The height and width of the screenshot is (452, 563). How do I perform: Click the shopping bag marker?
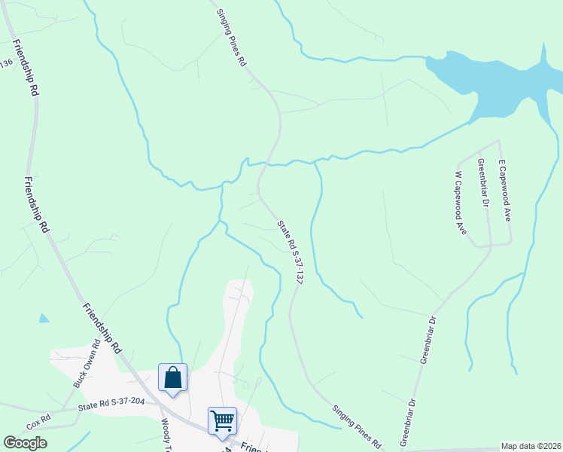tap(172, 377)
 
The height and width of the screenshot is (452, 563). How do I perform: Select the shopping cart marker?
tap(223, 420)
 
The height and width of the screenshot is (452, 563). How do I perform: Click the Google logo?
tap(26, 443)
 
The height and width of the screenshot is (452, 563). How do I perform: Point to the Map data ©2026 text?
tap(531, 446)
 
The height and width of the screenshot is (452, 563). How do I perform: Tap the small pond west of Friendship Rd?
tap(44, 319)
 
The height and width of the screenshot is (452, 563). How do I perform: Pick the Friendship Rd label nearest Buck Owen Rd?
tap(102, 328)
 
